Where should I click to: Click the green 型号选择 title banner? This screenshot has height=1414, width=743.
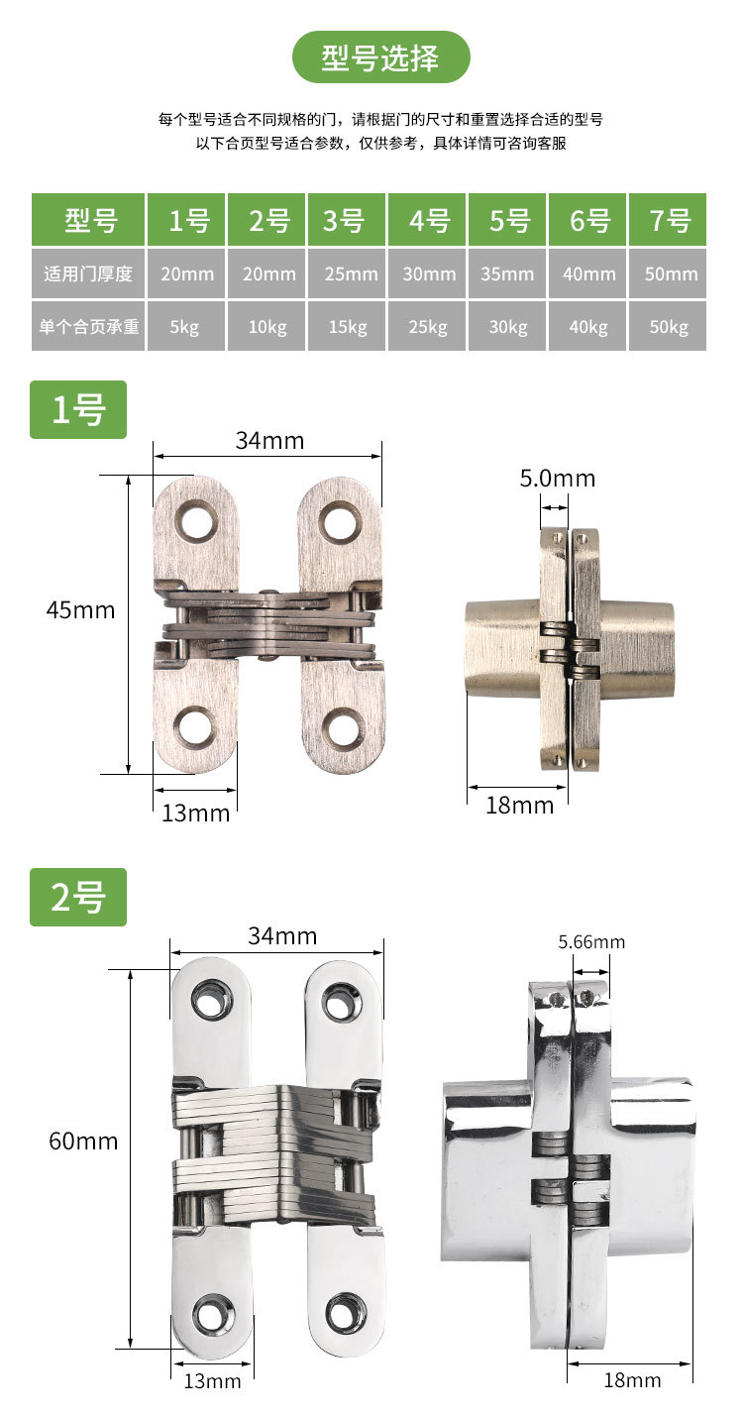380,56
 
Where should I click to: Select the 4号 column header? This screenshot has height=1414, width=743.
427,220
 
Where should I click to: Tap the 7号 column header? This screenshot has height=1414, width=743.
668,220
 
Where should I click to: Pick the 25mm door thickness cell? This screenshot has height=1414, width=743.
347,273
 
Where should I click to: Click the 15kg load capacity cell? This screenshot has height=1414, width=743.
347,326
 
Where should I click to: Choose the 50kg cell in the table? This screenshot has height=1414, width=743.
668,326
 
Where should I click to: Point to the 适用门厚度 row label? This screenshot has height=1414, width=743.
88,273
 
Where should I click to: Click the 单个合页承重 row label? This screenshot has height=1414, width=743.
88,326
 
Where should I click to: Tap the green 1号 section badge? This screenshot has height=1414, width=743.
78,409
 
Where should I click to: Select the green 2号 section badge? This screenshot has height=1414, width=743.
78,897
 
